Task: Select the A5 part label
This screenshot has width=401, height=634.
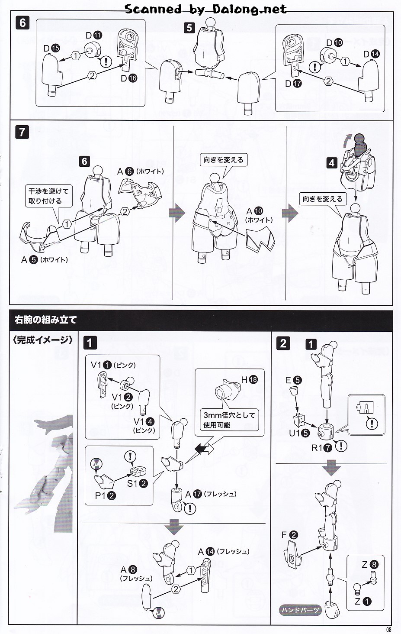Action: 29,260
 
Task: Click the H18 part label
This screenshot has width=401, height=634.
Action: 249,380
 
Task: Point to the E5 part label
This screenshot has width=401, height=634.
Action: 293,380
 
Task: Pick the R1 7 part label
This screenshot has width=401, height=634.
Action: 322,448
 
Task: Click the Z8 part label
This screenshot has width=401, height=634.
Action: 370,564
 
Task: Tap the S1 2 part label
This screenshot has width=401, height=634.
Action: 137,483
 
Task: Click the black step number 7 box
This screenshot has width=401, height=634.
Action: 22,132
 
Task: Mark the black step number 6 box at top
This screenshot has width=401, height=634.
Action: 22,23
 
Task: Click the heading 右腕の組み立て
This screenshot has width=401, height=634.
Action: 45,320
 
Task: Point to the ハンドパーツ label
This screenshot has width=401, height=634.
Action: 300,610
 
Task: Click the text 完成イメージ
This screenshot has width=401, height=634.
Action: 42,340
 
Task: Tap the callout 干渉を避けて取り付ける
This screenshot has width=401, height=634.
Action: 48,196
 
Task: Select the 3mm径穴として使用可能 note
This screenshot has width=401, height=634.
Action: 229,420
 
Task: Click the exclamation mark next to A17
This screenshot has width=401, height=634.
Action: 189,508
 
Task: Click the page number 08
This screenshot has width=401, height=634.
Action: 388,629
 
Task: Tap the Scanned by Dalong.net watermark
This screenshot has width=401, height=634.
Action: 205,9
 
